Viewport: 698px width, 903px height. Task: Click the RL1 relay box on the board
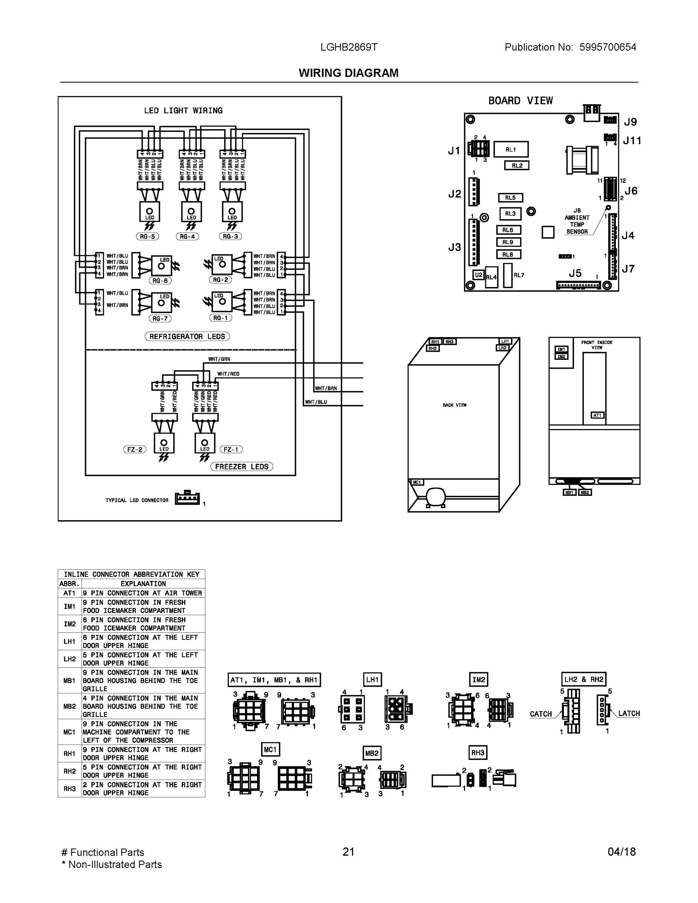tap(511, 149)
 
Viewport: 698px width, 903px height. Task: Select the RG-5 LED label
tap(147, 237)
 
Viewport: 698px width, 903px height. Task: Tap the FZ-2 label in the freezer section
tap(135, 450)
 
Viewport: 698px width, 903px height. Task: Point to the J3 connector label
tap(455, 247)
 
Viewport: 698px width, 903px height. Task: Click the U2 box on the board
tap(478, 275)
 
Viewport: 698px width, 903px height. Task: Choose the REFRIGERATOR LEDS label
tap(187, 337)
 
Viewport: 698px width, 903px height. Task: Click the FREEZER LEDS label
tap(242, 467)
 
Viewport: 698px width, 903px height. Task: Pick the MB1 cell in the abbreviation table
tap(70, 681)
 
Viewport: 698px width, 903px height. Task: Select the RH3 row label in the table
tap(70, 789)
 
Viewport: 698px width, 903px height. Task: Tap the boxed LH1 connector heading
tap(372, 680)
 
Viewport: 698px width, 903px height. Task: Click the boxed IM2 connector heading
tap(478, 680)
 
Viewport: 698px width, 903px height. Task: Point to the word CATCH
tap(541, 714)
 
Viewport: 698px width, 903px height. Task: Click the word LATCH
tap(629, 714)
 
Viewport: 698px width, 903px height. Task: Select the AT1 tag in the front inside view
tap(597, 415)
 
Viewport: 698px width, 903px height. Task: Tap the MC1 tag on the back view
tap(417, 482)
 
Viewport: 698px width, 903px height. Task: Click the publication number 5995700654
tap(607, 47)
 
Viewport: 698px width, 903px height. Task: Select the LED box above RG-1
tap(222, 302)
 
